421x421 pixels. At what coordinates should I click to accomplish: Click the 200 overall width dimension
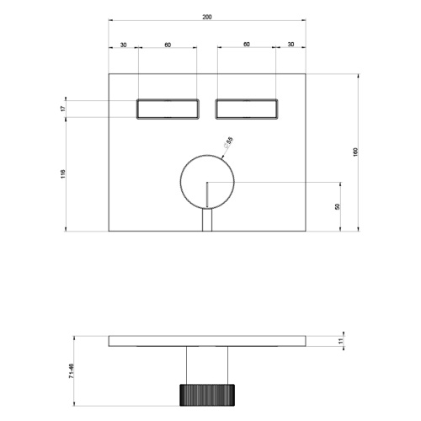[x=207, y=17]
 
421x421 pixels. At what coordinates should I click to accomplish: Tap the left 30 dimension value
[x=124, y=45]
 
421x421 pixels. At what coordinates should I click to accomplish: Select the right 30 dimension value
[x=290, y=45]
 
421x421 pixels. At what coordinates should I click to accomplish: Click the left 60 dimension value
[x=168, y=45]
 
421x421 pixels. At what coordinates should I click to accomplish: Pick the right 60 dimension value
[x=247, y=45]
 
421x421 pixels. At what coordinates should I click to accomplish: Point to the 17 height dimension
[x=63, y=109]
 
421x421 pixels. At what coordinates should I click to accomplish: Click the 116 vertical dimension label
[x=63, y=174]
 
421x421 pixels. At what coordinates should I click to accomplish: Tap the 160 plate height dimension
[x=355, y=152]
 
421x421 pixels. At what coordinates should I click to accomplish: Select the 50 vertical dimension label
[x=338, y=206]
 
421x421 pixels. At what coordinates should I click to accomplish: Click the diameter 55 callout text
[x=228, y=142]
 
